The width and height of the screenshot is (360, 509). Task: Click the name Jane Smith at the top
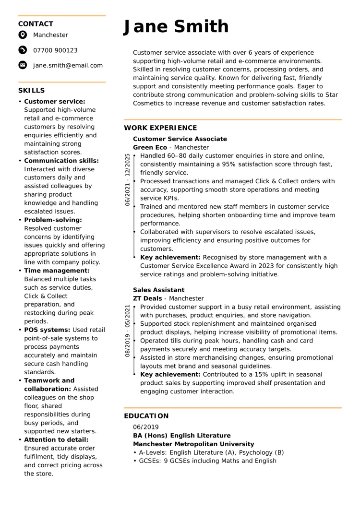click(176, 27)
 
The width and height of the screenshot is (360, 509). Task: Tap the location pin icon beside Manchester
click(23, 35)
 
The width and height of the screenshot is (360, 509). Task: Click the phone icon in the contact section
click(23, 50)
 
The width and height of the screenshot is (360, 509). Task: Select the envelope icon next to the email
click(23, 65)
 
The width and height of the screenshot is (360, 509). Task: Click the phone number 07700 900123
click(55, 50)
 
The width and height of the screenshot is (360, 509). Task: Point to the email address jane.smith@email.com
click(68, 65)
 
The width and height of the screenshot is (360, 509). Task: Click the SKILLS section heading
click(32, 91)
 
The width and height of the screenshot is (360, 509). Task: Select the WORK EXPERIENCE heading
click(160, 128)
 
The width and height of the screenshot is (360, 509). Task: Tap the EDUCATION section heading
click(146, 416)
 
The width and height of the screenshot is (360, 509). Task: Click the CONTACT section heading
click(36, 24)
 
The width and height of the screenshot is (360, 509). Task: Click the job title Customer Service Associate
click(180, 139)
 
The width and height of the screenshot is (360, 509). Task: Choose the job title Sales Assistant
click(158, 290)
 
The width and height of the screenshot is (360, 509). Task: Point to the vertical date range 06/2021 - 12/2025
click(127, 180)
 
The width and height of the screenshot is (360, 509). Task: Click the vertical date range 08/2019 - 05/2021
click(127, 331)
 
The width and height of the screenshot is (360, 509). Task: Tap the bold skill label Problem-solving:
click(53, 220)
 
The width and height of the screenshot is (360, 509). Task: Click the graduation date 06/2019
click(145, 427)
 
